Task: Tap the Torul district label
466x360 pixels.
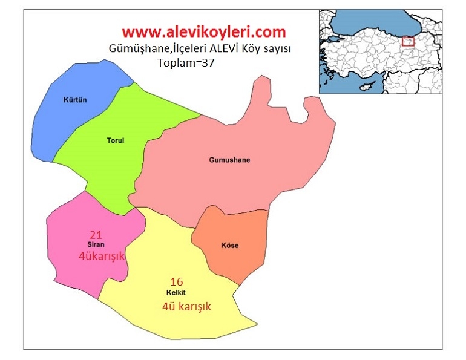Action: click(x=114, y=141)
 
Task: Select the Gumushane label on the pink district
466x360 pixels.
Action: click(x=229, y=160)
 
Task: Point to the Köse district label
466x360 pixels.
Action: click(x=230, y=246)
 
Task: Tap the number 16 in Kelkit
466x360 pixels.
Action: click(x=177, y=281)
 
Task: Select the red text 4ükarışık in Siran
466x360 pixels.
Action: click(x=102, y=256)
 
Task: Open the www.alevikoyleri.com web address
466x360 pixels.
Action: click(x=203, y=31)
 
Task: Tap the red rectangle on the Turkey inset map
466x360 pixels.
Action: click(x=409, y=41)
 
